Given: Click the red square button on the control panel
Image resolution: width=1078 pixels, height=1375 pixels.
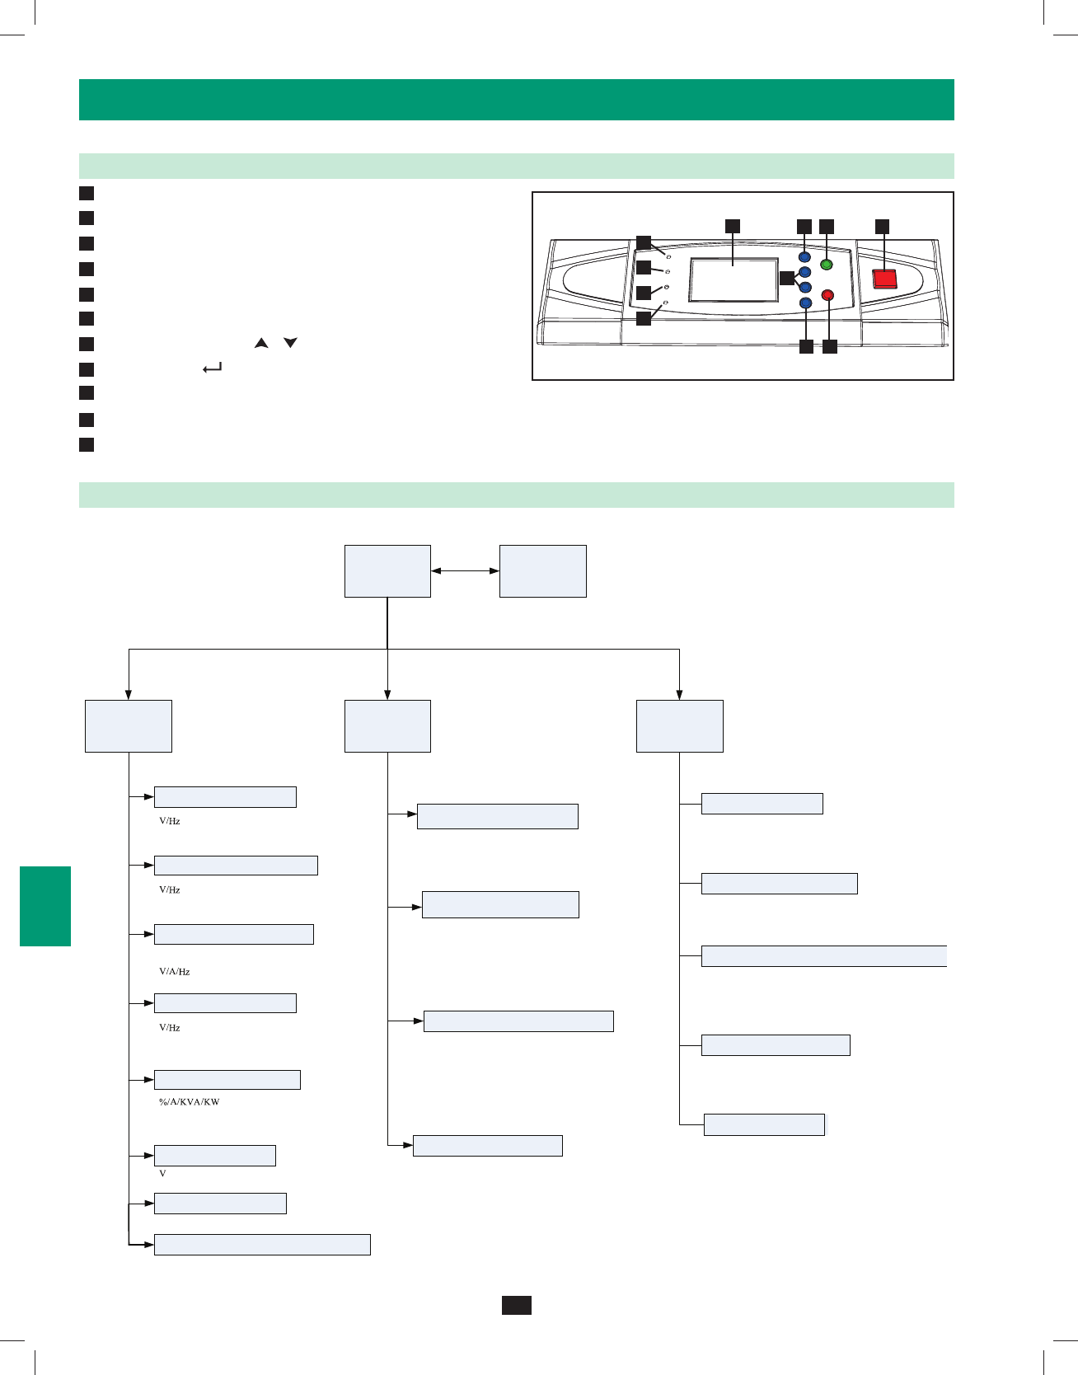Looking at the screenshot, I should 884,279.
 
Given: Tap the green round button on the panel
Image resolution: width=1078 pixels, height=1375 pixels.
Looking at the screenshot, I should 827,265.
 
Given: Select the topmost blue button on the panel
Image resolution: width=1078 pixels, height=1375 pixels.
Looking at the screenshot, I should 805,257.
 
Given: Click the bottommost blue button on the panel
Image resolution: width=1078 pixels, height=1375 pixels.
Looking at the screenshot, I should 806,303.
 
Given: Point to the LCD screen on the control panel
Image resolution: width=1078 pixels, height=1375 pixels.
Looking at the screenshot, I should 734,280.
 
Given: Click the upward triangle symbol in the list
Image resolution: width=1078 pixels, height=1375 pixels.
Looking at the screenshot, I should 261,343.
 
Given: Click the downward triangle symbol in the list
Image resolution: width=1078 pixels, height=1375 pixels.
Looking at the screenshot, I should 290,343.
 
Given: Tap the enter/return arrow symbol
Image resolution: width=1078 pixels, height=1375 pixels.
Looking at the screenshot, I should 212,369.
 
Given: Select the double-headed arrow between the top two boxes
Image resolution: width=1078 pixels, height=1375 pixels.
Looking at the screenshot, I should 465,570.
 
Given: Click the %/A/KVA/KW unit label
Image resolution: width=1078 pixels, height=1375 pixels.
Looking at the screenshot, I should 189,1102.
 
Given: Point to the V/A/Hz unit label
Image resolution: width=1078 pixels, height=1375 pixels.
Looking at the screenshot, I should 174,972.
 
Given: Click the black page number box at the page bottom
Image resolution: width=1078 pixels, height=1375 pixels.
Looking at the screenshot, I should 517,1305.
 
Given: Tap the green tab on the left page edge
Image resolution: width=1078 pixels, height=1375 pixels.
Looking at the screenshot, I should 45,906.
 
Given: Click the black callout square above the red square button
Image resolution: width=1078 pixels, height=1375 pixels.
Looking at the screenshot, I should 883,226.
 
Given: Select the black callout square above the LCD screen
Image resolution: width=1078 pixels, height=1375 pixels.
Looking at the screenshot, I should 732,226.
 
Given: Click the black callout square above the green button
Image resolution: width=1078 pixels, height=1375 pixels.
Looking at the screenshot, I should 827,226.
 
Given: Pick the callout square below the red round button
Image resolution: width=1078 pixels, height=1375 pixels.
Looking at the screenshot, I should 830,347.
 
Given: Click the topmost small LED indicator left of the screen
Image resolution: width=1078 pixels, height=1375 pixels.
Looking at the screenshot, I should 668,257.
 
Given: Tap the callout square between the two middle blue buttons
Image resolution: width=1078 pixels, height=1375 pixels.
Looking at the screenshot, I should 787,278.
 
